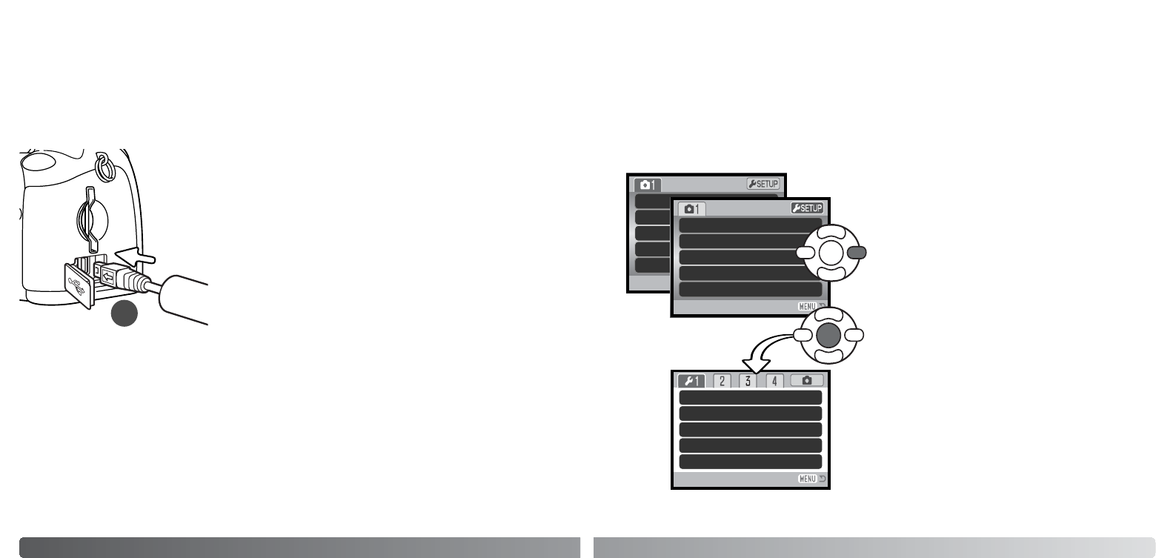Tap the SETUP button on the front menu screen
[x=807, y=208]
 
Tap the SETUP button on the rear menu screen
[x=763, y=184]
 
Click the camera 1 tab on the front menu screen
[x=691, y=209]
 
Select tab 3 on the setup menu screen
[x=747, y=381]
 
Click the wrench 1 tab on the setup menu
[x=691, y=381]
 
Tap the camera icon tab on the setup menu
[x=806, y=381]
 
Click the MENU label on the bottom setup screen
[x=807, y=479]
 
